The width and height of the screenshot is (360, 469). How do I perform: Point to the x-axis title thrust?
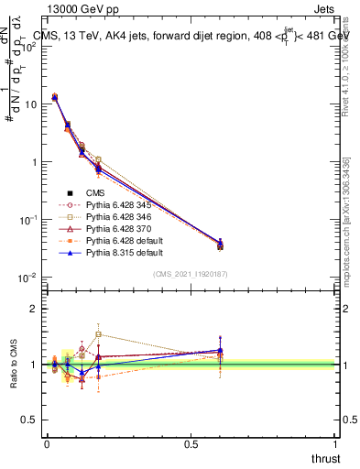324,459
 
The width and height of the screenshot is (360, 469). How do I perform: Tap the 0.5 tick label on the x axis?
191,444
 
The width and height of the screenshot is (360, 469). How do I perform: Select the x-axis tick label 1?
336,444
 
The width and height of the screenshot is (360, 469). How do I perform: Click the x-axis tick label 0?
47,444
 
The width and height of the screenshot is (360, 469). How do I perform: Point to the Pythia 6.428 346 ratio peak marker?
98,333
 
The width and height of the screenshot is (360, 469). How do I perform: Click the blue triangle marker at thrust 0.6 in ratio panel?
220,350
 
